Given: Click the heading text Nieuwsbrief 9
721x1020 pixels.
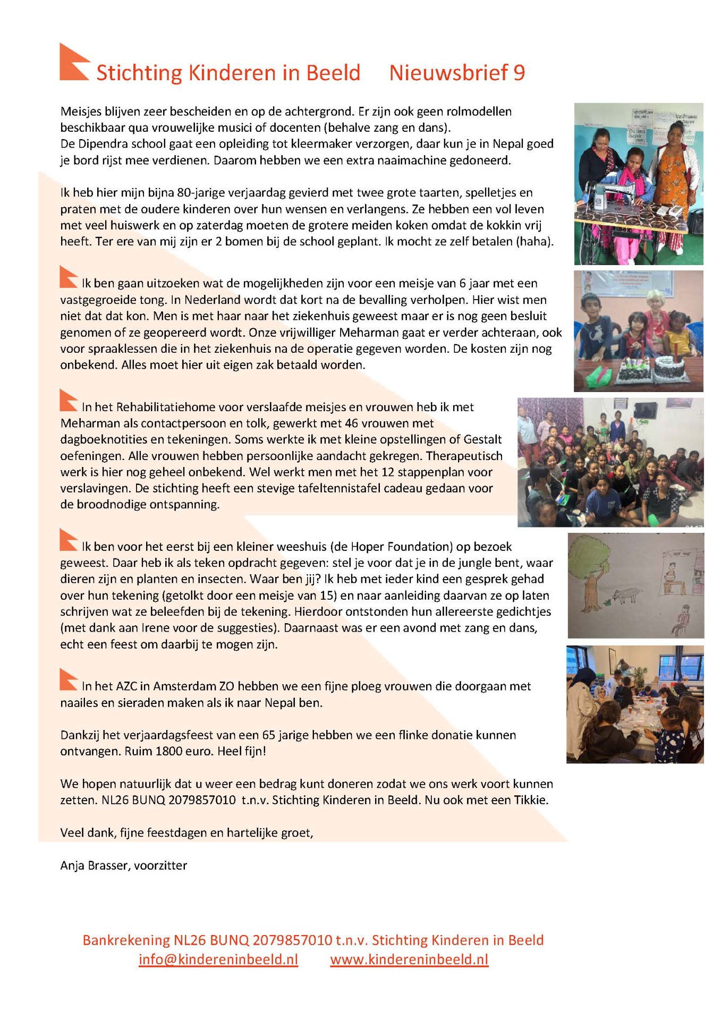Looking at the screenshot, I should click(x=456, y=73).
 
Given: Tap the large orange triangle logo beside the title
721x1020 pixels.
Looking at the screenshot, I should click(x=73, y=63).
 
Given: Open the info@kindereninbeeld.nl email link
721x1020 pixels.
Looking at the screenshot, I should click(x=218, y=959).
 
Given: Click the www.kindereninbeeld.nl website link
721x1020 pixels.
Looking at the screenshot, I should click(x=409, y=959).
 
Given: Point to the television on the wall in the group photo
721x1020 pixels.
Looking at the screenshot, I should click(x=644, y=410).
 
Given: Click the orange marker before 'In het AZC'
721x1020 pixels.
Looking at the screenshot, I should click(x=69, y=679).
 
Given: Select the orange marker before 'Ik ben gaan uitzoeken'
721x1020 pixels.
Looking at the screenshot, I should click(x=69, y=277).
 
